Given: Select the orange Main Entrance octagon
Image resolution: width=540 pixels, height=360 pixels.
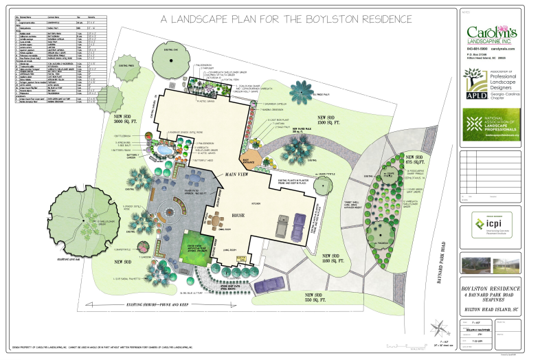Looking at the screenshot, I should tap(247, 141).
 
